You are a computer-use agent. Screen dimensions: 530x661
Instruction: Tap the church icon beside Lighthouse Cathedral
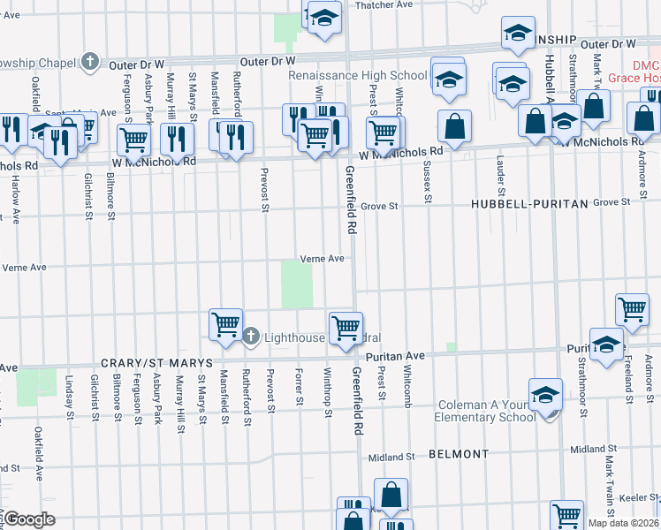point(251,336)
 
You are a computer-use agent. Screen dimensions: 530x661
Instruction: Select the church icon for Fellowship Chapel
point(89,61)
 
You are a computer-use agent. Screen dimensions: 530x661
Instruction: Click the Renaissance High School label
point(357,76)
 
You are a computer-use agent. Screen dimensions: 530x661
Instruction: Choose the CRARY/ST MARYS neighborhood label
point(156,363)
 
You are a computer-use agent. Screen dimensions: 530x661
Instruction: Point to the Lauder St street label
point(501,175)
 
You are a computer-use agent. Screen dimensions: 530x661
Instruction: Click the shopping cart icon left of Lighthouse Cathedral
point(225,324)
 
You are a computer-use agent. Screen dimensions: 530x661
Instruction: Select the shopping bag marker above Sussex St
point(454,125)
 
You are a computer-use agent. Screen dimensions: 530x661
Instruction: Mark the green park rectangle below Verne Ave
point(297,284)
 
